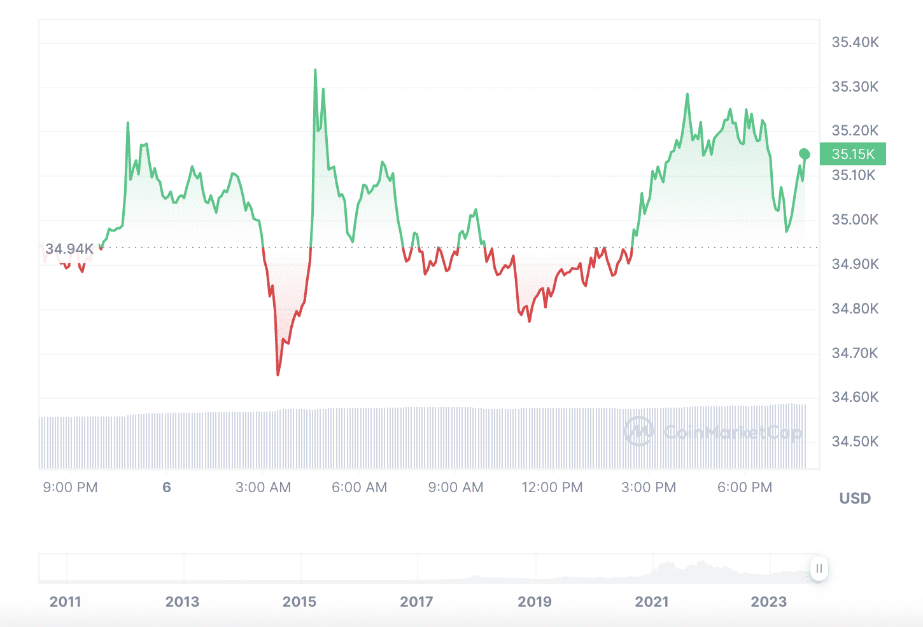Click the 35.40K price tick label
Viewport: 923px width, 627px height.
(855, 43)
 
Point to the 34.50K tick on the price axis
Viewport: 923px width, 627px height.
(855, 442)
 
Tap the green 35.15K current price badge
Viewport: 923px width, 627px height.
(853, 154)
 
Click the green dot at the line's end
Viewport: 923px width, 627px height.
(805, 154)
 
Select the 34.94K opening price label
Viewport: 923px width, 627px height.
(69, 249)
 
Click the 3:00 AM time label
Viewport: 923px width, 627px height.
(263, 488)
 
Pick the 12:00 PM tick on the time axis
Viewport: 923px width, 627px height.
(552, 488)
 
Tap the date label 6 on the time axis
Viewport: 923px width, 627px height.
(167, 488)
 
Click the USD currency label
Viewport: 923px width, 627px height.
(855, 499)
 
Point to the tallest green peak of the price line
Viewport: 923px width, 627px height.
(315, 71)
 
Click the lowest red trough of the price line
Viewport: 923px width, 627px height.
(278, 375)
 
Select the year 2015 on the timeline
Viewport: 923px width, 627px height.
(299, 602)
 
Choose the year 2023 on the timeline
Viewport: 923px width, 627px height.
(768, 602)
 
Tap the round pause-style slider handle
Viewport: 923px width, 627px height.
(819, 568)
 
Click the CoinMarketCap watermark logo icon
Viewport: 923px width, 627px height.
(638, 432)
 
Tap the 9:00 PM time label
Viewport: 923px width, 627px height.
(70, 488)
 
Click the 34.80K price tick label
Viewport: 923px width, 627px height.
(855, 309)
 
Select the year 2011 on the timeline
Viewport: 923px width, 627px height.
(65, 602)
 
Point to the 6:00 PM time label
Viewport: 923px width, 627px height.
(744, 488)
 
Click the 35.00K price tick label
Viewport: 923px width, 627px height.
(855, 220)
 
